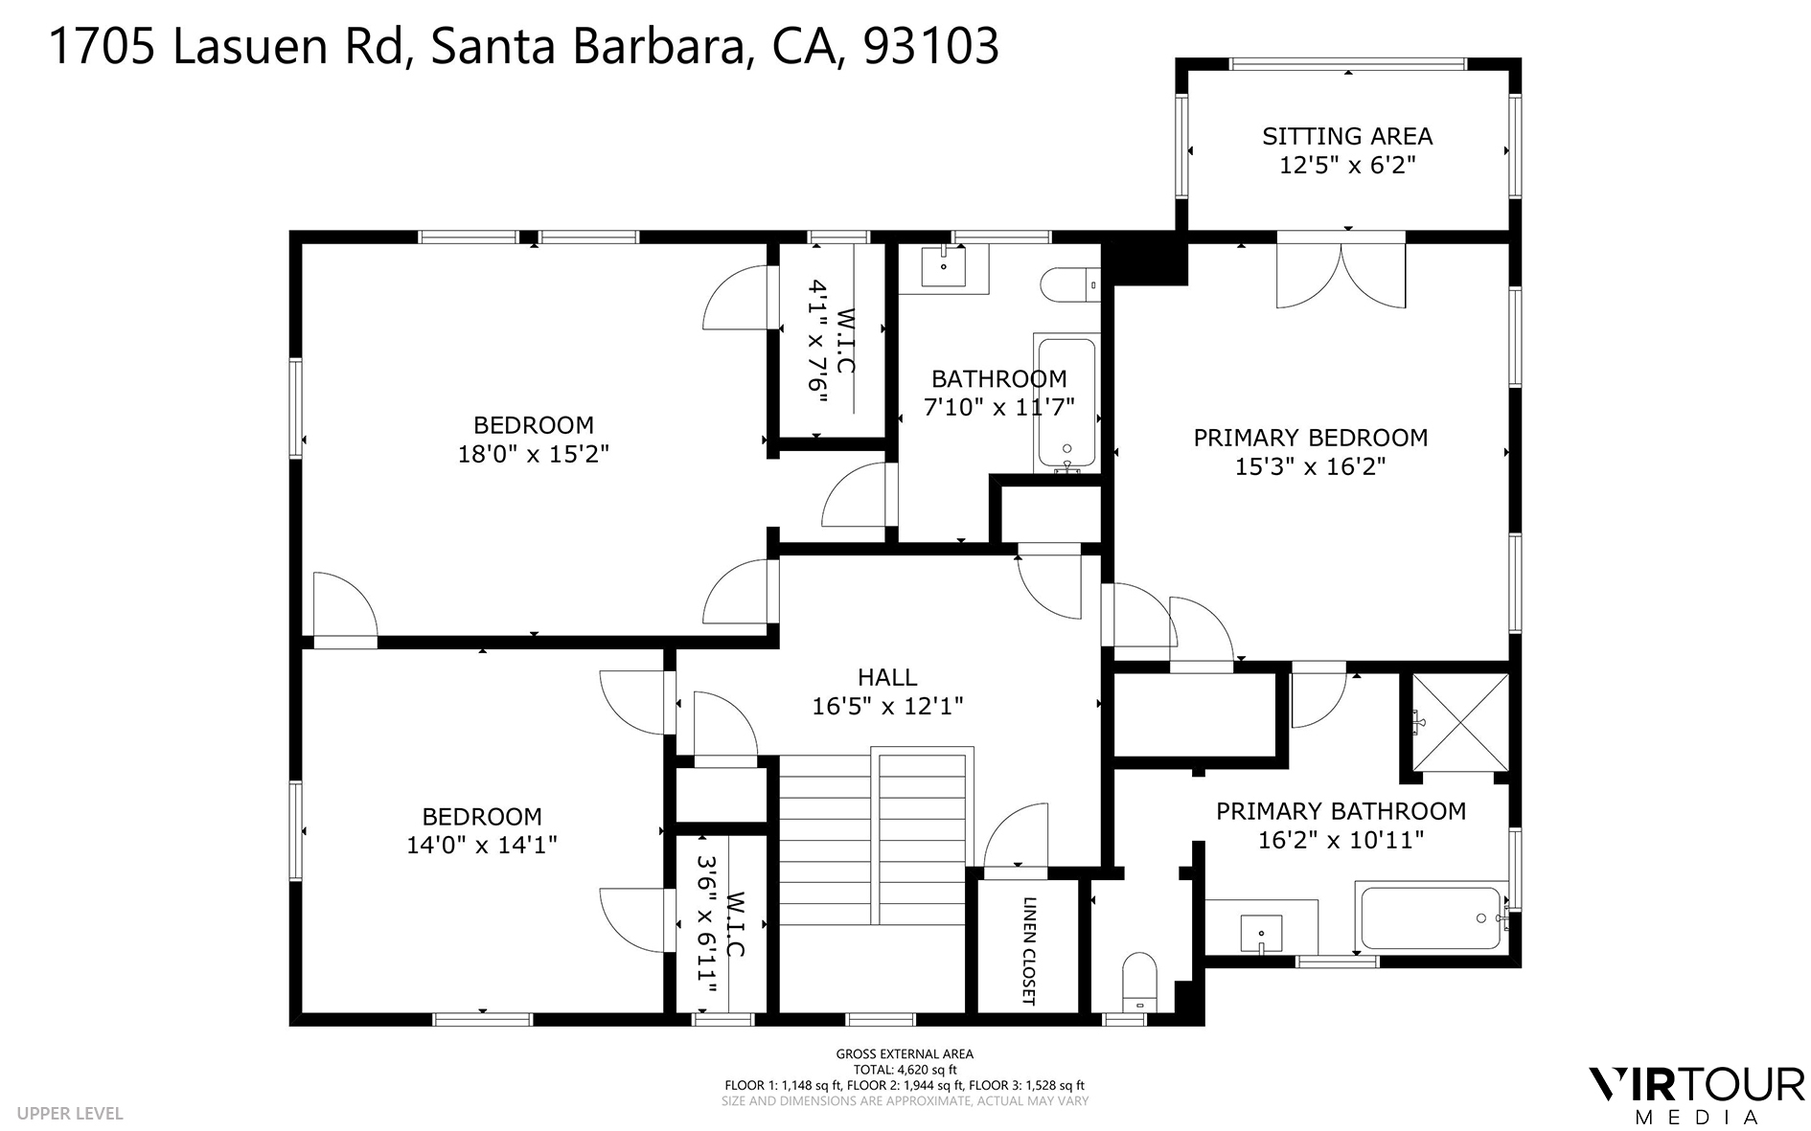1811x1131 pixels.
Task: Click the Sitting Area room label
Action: click(x=1346, y=137)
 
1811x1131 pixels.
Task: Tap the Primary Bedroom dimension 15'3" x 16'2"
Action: click(x=1310, y=467)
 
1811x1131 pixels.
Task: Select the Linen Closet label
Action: click(x=1029, y=951)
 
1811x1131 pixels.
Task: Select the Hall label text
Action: click(x=887, y=678)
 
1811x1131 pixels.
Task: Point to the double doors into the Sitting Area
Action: click(x=1341, y=274)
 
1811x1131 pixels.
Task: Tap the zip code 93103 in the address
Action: click(x=930, y=46)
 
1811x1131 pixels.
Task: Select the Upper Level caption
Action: click(x=70, y=1114)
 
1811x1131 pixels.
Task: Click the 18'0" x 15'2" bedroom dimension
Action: click(x=534, y=454)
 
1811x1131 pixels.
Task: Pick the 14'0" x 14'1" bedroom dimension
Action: click(x=482, y=845)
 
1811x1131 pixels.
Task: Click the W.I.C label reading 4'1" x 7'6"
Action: click(x=831, y=350)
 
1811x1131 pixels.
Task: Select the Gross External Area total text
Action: click(x=905, y=1070)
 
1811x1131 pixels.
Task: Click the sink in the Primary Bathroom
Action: click(x=1261, y=930)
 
